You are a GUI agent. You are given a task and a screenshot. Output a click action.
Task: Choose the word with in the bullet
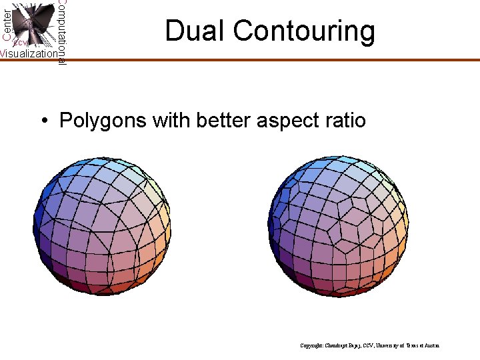tap(169, 121)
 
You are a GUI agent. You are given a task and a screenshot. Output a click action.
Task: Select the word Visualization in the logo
tap(28, 53)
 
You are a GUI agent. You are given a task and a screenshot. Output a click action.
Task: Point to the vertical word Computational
tap(61, 32)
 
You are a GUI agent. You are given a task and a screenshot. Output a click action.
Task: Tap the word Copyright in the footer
tap(313, 345)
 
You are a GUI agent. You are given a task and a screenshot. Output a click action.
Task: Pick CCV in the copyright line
tap(365, 345)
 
